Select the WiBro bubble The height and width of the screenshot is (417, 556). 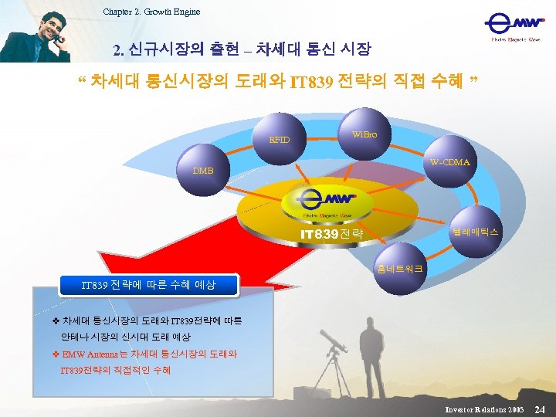[x=364, y=134]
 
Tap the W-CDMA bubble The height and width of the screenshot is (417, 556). [x=449, y=162]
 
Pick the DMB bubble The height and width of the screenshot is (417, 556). [x=203, y=170]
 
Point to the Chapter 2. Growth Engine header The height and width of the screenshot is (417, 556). [x=151, y=11]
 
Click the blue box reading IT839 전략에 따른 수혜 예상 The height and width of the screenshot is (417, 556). [x=150, y=285]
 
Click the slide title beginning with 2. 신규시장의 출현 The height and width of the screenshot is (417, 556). [x=242, y=50]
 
